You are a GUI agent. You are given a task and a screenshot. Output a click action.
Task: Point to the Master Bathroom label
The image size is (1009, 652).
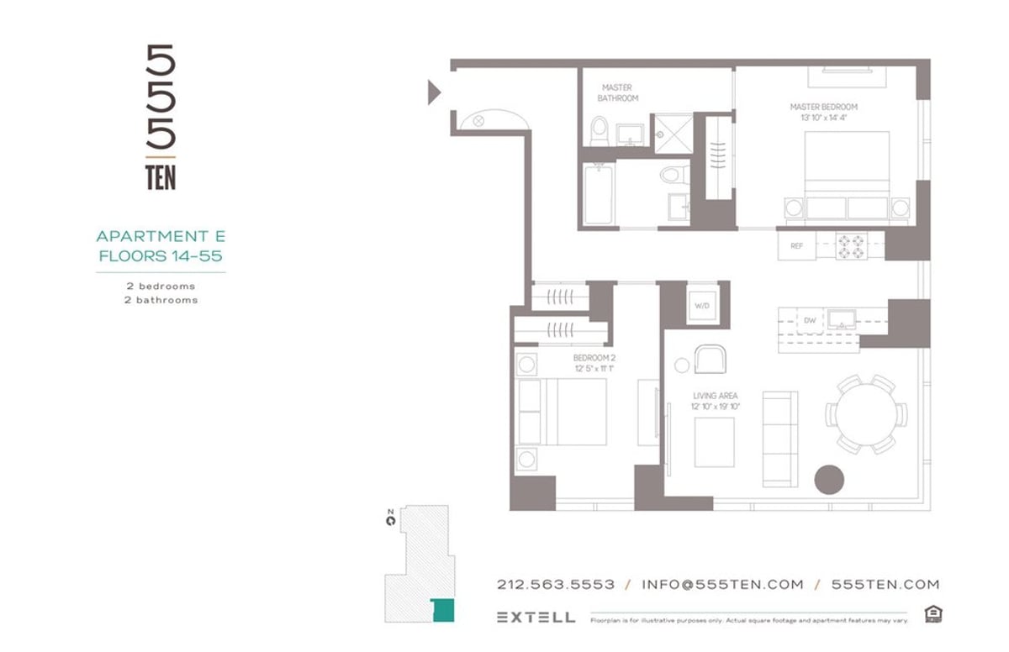617,92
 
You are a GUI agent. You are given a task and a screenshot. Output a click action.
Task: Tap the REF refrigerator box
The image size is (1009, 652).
796,246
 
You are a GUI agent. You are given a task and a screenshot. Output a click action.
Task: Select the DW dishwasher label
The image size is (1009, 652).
809,320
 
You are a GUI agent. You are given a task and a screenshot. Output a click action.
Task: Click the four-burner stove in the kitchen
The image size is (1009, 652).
851,245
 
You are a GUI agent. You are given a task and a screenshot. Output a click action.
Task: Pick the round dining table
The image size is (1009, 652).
866,414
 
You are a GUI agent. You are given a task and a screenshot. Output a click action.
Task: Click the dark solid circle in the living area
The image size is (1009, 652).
829,478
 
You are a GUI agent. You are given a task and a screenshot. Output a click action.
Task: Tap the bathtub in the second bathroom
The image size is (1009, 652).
598,194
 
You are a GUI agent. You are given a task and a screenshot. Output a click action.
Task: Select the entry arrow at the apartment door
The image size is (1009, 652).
434,91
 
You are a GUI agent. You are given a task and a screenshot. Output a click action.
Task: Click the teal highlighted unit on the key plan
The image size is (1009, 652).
442,610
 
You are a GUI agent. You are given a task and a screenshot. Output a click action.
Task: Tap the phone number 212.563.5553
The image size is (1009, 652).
556,585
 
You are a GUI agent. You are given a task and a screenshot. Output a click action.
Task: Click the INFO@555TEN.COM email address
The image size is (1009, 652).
722,585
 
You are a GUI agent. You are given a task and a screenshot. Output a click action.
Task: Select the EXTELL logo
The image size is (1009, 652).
536,617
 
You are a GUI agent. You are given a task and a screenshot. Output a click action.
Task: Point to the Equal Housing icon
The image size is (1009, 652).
932,614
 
